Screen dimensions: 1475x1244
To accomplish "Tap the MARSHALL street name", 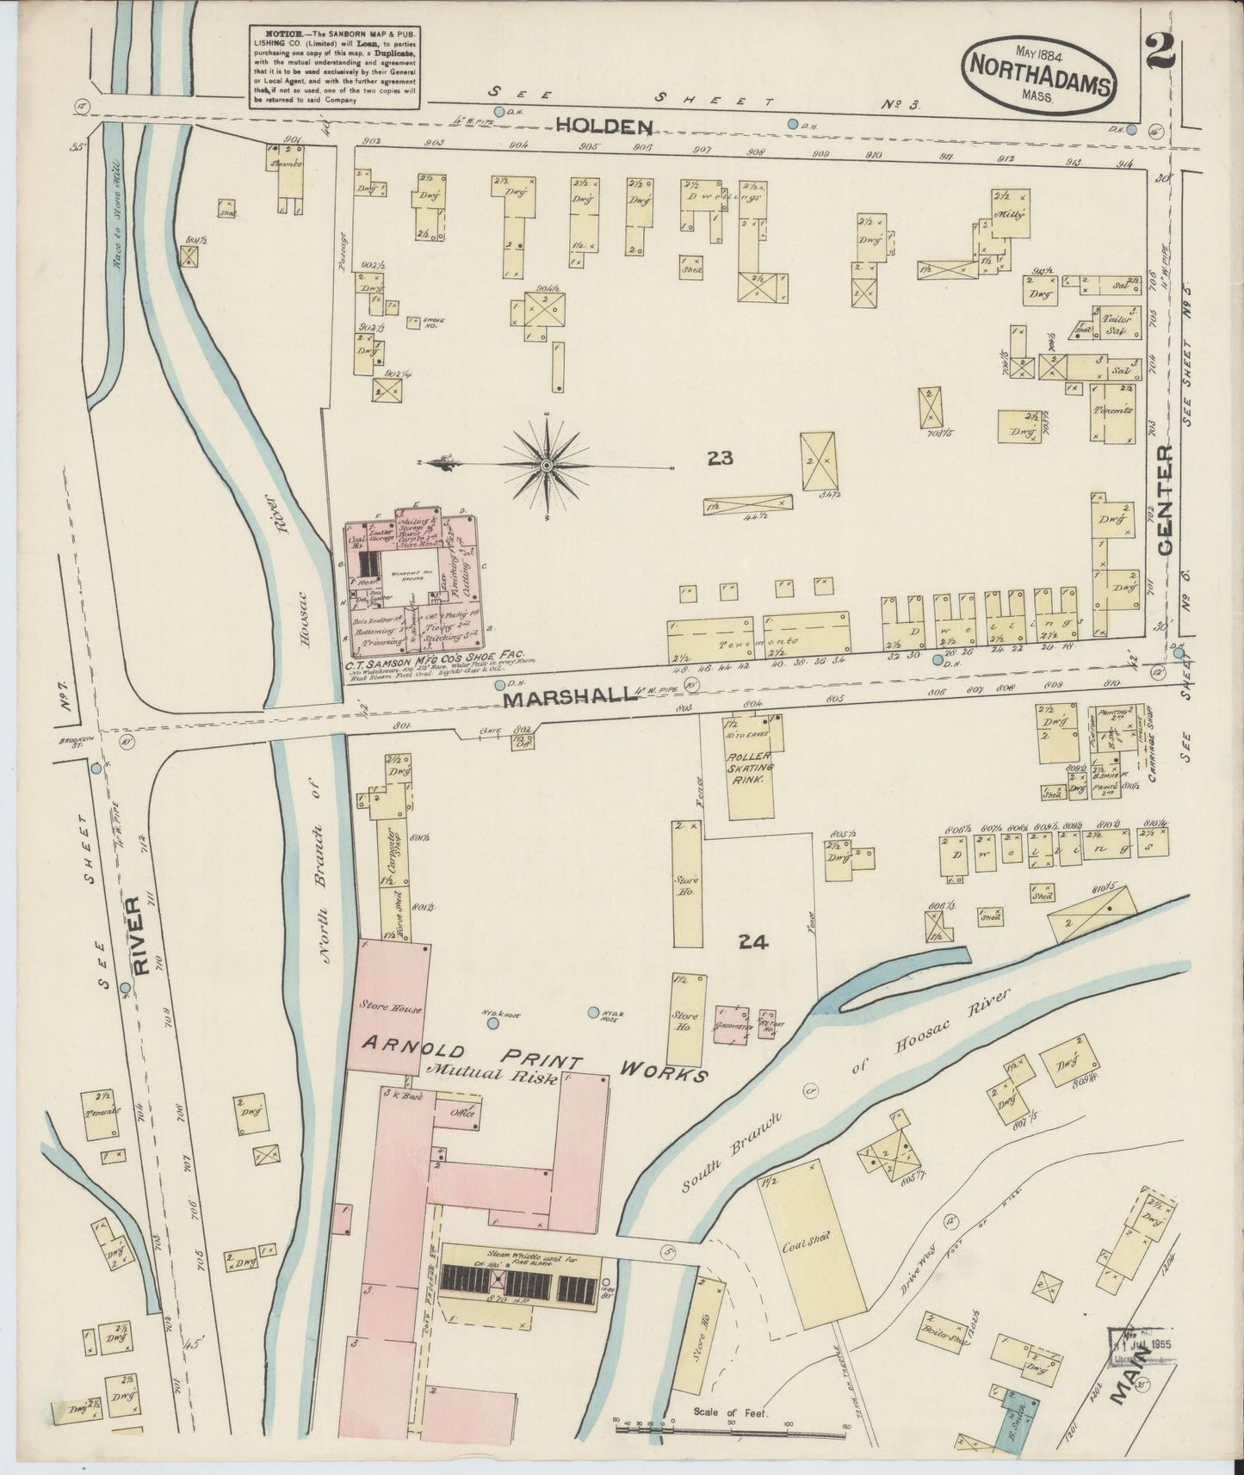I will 571,699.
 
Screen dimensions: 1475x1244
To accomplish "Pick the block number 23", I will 720,459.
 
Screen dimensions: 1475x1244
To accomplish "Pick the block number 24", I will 752,942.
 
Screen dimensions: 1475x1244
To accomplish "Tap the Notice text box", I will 334,66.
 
